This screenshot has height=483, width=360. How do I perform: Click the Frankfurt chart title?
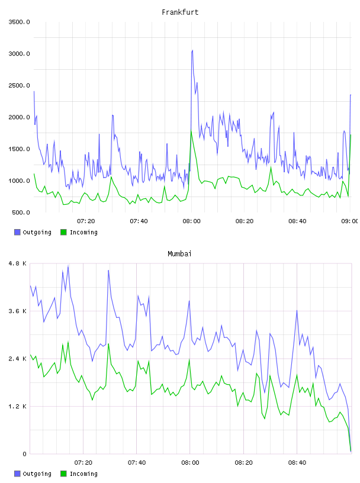point(180,12)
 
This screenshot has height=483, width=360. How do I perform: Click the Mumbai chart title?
point(179,254)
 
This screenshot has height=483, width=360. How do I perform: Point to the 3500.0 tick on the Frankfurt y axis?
point(19,22)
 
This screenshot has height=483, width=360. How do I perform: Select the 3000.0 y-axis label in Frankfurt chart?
point(19,54)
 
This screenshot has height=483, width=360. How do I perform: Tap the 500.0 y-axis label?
point(21,212)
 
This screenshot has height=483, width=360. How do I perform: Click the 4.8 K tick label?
point(18,263)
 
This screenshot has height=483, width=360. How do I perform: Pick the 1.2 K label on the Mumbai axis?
point(18,406)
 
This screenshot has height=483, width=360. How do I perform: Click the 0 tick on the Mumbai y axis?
point(25,454)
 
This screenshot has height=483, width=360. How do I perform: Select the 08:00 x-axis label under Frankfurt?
point(191,221)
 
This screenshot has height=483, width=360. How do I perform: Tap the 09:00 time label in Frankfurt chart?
point(351,221)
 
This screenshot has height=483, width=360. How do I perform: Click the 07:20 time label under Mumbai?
point(83,462)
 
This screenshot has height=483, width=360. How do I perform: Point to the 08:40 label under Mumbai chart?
point(297,462)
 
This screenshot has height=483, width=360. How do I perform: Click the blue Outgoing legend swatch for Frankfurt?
point(17,232)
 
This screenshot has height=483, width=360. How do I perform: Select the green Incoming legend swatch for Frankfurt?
point(63,232)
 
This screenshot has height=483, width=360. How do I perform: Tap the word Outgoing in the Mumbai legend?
point(37,474)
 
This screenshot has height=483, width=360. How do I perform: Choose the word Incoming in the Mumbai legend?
point(83,474)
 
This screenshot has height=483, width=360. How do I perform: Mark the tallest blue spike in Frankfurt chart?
point(192,50)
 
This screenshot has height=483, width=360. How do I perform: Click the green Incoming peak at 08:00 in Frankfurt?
point(191,131)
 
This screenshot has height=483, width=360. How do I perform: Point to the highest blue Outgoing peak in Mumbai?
point(68,266)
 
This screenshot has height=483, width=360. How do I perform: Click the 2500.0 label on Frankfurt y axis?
point(19,85)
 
